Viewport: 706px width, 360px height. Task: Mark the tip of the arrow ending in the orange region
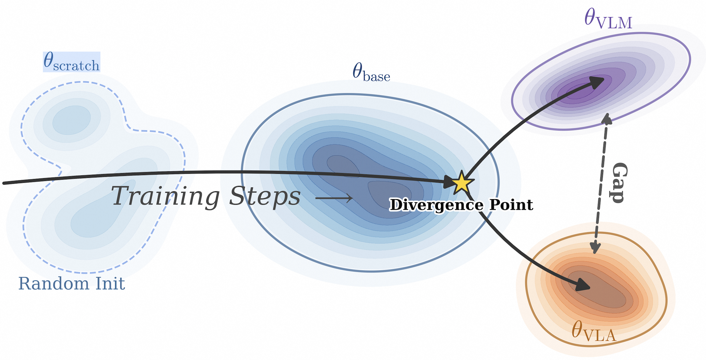pyautogui.click(x=590, y=287)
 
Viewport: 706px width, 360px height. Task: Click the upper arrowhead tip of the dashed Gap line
pyautogui.click(x=608, y=113)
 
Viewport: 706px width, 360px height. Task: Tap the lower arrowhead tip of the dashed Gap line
pyautogui.click(x=595, y=254)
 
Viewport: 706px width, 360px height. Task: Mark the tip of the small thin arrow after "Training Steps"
pyautogui.click(x=353, y=198)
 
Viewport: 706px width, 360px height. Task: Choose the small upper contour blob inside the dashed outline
pyautogui.click(x=71, y=120)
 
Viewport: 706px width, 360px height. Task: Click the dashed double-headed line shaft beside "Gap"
pyautogui.click(x=601, y=183)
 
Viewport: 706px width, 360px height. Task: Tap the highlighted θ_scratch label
pyautogui.click(x=72, y=62)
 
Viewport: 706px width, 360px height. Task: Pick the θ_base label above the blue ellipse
pyautogui.click(x=371, y=72)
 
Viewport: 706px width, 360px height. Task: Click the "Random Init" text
pyautogui.click(x=72, y=283)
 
